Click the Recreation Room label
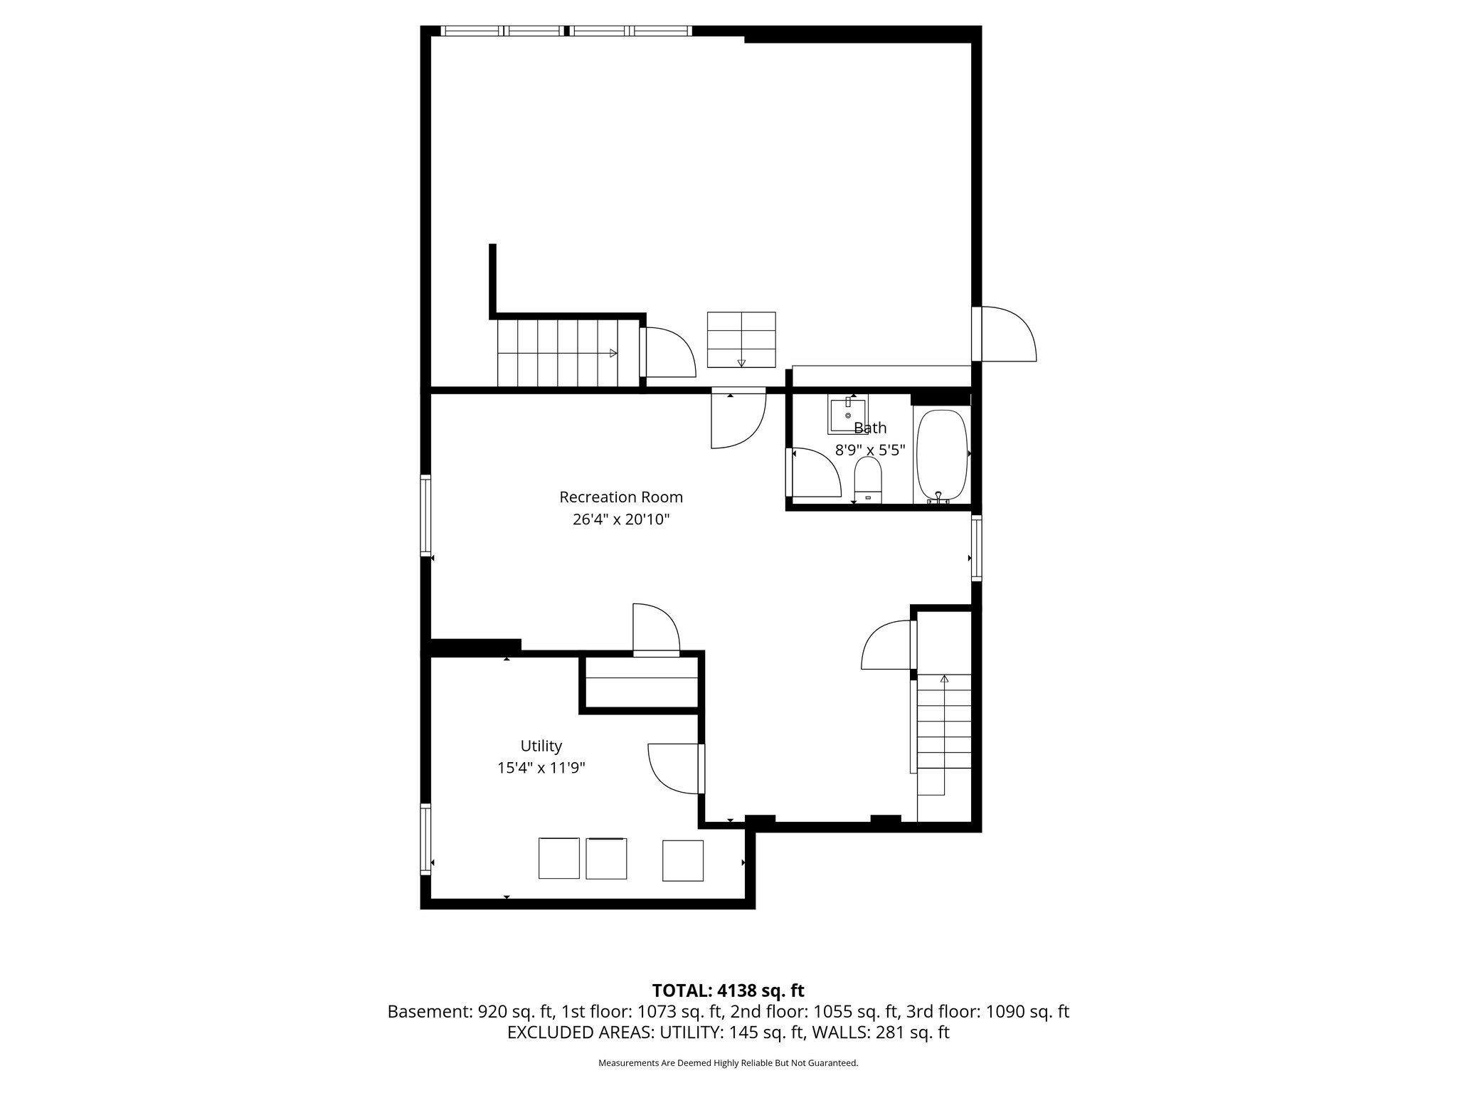(621, 497)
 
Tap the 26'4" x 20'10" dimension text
(621, 519)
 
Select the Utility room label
(541, 746)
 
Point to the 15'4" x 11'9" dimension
(541, 768)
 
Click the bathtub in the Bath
(942, 456)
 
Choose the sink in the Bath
(847, 416)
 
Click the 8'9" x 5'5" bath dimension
(870, 450)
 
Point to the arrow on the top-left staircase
(613, 353)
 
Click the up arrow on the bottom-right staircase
(944, 679)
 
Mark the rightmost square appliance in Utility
(683, 860)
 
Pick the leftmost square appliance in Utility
(559, 858)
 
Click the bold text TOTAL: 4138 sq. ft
(728, 991)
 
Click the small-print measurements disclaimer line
(728, 1063)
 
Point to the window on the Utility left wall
(425, 839)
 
